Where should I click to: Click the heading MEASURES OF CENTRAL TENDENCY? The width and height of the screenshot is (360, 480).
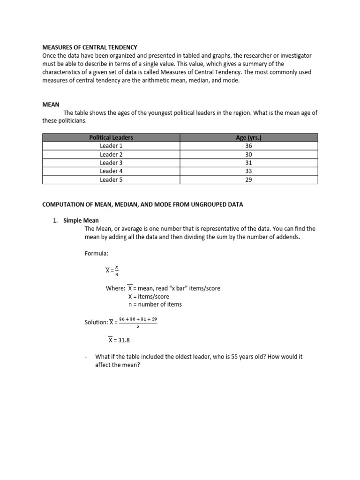[x=90, y=47]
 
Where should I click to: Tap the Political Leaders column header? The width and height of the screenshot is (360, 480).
[x=111, y=137]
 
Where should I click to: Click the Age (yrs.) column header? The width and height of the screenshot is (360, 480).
[x=248, y=137]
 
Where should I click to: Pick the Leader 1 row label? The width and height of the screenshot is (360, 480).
[x=111, y=146]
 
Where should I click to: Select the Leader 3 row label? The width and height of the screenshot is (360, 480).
[x=111, y=163]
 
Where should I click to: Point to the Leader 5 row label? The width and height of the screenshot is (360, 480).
[x=111, y=180]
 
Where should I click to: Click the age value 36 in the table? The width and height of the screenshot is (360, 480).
[x=248, y=146]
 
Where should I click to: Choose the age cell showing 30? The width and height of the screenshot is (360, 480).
[x=248, y=154]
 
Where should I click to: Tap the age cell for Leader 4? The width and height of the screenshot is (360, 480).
[x=248, y=171]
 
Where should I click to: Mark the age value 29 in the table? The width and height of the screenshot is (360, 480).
[x=248, y=180]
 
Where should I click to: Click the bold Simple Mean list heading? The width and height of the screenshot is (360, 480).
[x=81, y=220]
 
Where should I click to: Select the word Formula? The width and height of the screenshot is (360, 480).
[x=96, y=254]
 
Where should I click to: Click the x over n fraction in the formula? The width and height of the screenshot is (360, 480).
[x=117, y=271]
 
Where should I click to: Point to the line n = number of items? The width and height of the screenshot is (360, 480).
[x=155, y=304]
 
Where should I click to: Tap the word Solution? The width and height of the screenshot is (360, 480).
[x=96, y=322]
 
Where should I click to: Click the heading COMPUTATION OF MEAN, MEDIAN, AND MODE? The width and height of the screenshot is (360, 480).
[x=143, y=204]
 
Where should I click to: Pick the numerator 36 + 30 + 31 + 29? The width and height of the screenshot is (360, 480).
[x=138, y=319]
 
